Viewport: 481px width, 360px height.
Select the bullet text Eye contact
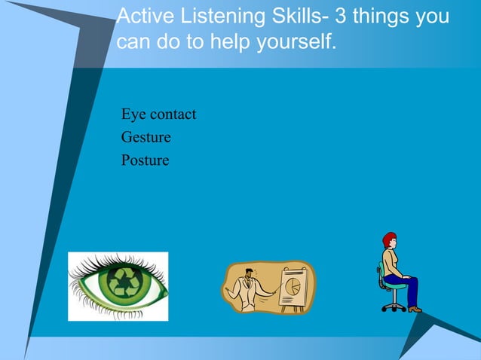pos(158,114)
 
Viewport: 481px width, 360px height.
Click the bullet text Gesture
pos(146,137)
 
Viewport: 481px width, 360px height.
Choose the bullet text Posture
pos(145,160)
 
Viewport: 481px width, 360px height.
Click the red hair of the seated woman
pos(388,239)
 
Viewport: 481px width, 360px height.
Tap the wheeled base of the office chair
pos(393,306)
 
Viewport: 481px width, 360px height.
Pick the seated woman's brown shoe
pos(415,309)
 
